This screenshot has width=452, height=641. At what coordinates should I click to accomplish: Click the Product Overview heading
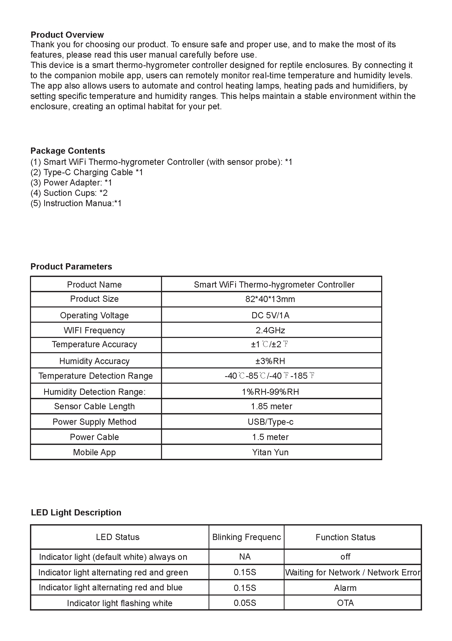[67, 35]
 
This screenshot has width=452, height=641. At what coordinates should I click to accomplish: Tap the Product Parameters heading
[71, 267]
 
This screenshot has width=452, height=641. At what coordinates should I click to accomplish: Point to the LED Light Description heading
[76, 512]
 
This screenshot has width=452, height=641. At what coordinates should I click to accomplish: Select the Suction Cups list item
[69, 193]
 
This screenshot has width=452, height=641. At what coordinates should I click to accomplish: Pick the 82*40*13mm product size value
[270, 299]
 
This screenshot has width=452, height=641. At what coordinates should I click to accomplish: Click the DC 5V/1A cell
[270, 315]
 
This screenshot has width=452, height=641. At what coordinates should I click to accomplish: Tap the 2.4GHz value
[270, 330]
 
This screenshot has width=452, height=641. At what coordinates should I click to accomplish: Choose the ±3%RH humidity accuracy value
[270, 361]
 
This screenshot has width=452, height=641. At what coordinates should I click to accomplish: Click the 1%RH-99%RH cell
[270, 392]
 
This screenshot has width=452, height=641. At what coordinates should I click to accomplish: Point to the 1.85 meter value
[271, 406]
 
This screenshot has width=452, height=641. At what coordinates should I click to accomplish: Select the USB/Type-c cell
[271, 422]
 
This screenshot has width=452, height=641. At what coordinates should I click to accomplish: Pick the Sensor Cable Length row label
[94, 406]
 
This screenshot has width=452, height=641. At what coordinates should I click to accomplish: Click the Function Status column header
[345, 537]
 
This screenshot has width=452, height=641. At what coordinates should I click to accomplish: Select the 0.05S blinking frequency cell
[245, 603]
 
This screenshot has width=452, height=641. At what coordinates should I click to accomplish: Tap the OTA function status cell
[345, 603]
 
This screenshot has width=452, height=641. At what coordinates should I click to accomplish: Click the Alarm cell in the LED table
[345, 588]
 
